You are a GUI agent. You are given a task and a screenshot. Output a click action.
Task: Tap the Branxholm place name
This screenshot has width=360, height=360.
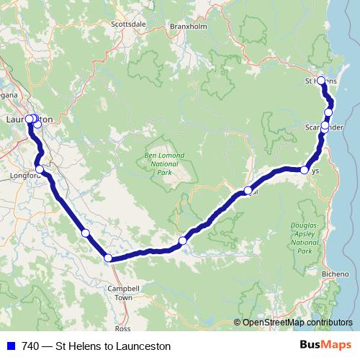pyautogui.click(x=188, y=26)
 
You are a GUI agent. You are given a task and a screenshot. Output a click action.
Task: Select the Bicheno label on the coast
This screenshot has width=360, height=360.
pyautogui.click(x=336, y=274)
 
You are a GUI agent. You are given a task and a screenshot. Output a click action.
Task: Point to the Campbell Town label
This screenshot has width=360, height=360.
pyautogui.click(x=123, y=292)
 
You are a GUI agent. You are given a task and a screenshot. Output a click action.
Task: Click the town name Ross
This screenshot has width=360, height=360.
pyautogui.click(x=123, y=328)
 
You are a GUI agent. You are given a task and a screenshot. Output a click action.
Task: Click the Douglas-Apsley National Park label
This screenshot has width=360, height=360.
pyautogui.click(x=305, y=238)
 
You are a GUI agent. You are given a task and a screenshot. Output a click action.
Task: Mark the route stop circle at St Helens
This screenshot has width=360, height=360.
pyautogui.click(x=321, y=81)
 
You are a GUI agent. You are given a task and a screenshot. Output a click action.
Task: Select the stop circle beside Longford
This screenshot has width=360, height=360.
pyautogui.click(x=40, y=169)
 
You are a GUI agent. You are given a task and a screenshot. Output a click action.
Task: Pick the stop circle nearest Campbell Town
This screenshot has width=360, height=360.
pyautogui.click(x=108, y=258)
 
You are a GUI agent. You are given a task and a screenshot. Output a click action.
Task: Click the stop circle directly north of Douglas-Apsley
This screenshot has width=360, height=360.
pyautogui.click(x=305, y=171)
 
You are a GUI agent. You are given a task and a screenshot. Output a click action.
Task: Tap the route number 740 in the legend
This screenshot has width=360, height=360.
pyautogui.click(x=28, y=346)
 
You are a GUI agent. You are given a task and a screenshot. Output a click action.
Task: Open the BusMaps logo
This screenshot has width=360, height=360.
pyautogui.click(x=330, y=346)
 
